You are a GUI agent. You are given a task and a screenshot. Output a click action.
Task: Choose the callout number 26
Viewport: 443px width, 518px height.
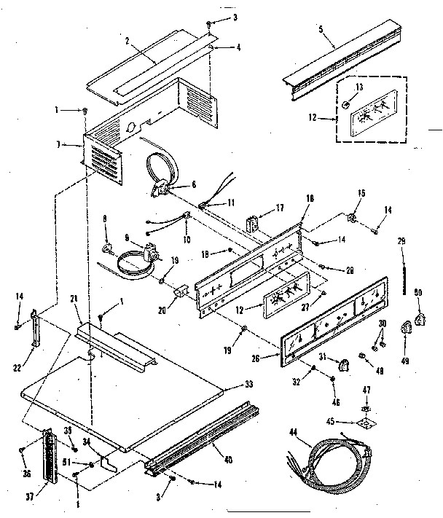(274, 357)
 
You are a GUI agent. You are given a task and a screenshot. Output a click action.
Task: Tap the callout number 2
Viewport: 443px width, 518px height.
(127, 41)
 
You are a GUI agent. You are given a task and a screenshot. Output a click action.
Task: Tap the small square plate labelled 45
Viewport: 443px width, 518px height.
(366, 420)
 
